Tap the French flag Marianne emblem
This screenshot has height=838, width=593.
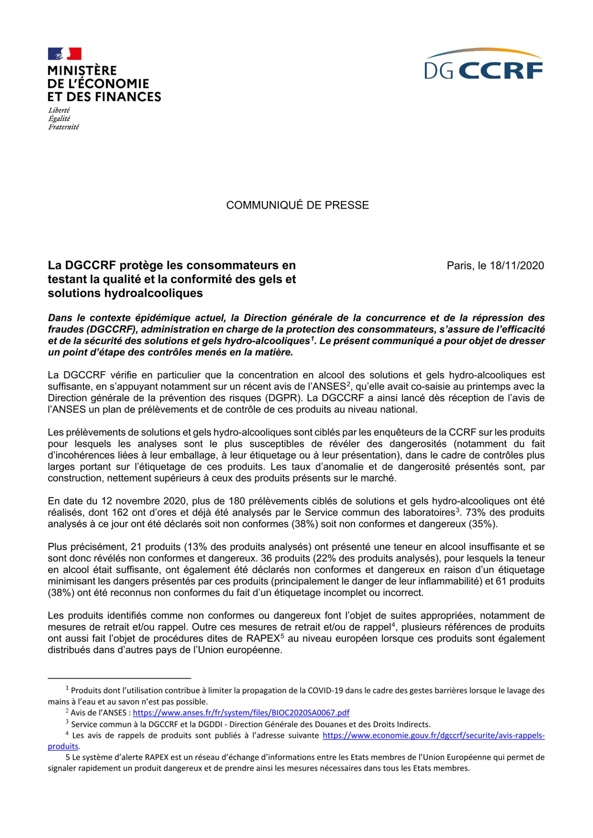[x=65, y=54]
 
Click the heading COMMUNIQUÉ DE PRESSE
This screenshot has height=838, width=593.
[x=297, y=205]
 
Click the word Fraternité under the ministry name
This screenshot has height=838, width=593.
[x=63, y=127]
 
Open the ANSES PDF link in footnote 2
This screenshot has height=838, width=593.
[x=241, y=713]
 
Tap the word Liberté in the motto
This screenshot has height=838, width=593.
[x=59, y=110]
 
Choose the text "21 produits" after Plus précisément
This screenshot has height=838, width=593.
[x=155, y=547]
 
